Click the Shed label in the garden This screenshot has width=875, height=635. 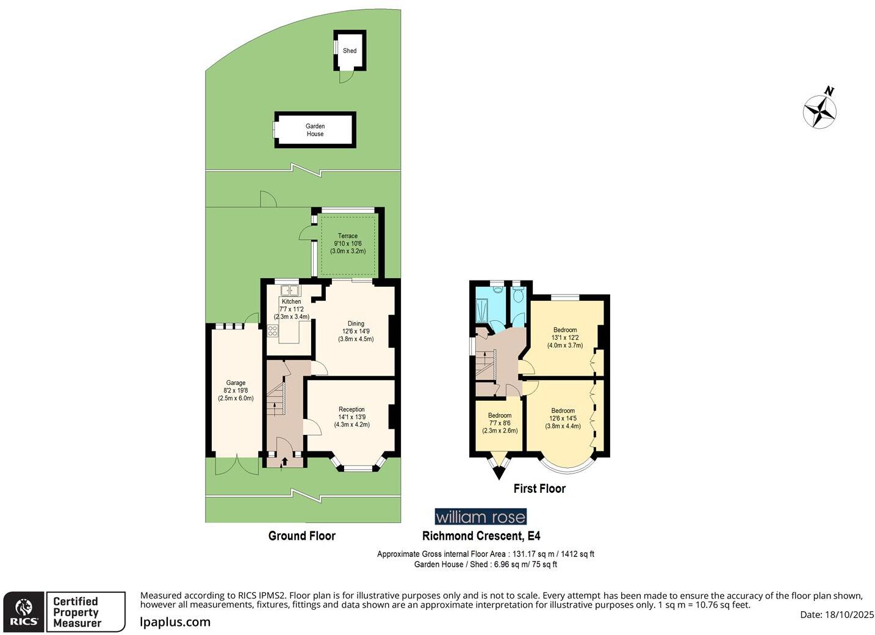tap(350, 51)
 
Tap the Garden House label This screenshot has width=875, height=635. tap(315, 130)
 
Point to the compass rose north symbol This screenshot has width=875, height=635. tap(819, 110)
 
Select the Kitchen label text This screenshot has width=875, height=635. tap(291, 301)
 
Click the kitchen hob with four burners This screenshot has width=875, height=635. tap(272, 331)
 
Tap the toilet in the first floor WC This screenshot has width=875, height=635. tap(518, 296)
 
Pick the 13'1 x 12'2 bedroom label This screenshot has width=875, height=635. tap(564, 337)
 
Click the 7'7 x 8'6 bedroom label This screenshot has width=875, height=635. tap(500, 423)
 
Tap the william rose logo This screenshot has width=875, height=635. tap(480, 517)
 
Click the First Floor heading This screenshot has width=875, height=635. tap(539, 489)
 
